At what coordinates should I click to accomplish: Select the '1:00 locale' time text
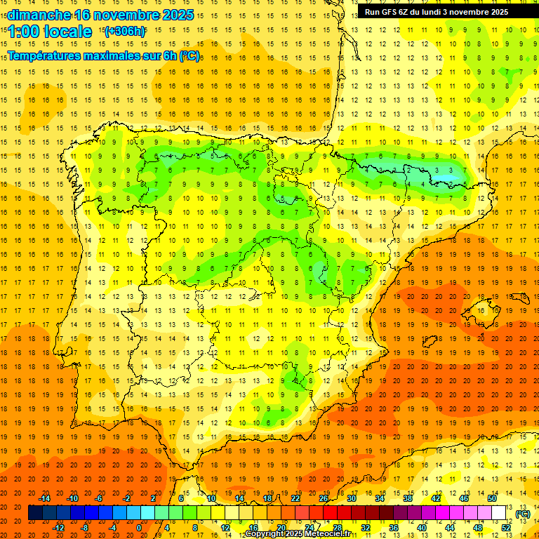pos(50,32)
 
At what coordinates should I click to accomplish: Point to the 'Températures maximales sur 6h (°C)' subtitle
pos(102,55)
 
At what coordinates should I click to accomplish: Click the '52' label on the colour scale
pos(505,528)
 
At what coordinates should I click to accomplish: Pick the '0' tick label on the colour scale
pos(139,528)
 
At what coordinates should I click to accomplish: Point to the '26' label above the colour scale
pos(324,498)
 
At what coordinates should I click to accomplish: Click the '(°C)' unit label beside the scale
pos(523,514)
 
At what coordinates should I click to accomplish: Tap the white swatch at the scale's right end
pos(499,513)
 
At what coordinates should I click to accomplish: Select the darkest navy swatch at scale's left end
pos(35,513)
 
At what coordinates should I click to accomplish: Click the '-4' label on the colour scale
pos(112,528)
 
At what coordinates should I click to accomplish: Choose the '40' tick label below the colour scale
pos(422,528)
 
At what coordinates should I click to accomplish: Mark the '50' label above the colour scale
pos(491,498)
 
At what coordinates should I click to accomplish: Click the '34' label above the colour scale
pos(380,498)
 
